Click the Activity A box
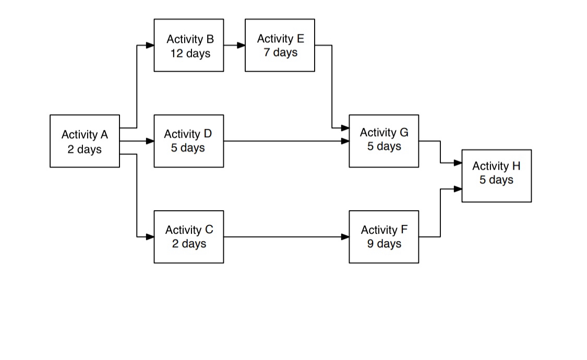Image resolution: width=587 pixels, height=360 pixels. pos(85,141)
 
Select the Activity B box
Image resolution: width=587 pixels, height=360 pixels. pos(189,45)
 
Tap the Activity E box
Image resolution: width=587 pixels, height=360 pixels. pos(280,45)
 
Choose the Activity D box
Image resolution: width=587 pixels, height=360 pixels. pos(189,141)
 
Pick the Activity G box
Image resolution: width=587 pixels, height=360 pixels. pos(384,141)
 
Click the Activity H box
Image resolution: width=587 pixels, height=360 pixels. pos(496,176)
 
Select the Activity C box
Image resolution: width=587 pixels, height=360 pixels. pos(189,237)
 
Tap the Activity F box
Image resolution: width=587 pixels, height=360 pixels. pos(384,237)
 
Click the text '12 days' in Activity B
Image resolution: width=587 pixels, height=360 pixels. pos(190,53)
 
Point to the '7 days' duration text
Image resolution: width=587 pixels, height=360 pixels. pos(281,53)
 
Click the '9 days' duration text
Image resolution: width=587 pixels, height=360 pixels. pos(384,244)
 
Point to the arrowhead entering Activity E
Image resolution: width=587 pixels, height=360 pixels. pos(241,45)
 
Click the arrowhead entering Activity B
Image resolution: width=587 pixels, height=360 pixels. pos(150,45)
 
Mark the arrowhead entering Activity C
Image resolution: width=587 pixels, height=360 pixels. pos(150,237)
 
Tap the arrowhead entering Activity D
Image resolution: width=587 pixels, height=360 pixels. pos(150,141)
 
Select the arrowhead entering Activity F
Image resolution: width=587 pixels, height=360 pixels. pos(345,237)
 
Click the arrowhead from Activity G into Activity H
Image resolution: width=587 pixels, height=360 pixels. pos(458,163)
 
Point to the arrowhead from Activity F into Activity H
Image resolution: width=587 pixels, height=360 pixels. pos(458,189)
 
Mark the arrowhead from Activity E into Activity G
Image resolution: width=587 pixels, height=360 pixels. pos(345,128)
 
